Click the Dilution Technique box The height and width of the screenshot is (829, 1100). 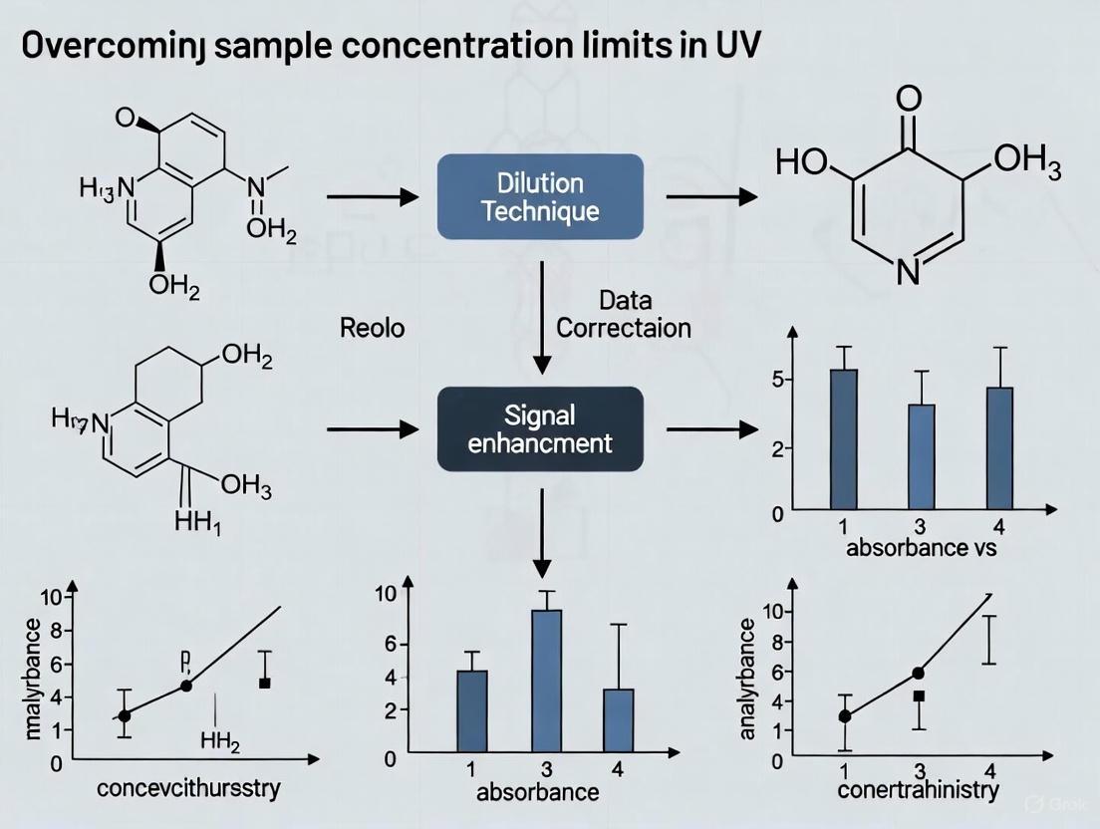pos(540,196)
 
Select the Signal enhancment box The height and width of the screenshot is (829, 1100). pos(540,428)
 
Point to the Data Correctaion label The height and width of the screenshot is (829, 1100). pos(623,314)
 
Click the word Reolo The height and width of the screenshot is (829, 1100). pos(373,328)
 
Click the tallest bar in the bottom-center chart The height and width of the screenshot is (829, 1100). pos(546,675)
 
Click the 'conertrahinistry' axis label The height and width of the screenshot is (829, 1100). pos(919,791)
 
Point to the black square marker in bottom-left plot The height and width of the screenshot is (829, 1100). pos(265,683)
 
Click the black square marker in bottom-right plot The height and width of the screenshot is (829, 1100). pos(919,696)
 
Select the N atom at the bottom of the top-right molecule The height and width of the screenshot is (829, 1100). pos(907,271)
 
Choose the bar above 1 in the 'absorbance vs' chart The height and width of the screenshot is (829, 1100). pos(844,439)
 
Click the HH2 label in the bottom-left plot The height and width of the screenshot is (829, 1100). pos(220,741)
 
